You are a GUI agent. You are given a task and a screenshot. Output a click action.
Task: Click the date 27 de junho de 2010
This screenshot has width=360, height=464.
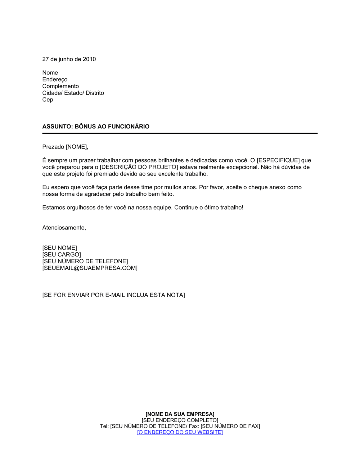(69, 59)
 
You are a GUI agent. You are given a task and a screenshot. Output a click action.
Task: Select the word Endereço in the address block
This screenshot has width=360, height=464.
(55, 79)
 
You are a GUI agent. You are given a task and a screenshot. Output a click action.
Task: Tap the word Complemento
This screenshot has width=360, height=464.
(60, 86)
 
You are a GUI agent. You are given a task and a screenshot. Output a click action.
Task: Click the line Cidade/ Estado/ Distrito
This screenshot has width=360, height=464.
(73, 93)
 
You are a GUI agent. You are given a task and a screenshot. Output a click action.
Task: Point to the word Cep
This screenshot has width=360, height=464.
(48, 100)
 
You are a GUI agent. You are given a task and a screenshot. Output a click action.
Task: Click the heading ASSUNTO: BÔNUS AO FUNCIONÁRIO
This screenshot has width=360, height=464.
(96, 127)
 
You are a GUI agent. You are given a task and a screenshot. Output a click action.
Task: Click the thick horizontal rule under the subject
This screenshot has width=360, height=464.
(180, 133)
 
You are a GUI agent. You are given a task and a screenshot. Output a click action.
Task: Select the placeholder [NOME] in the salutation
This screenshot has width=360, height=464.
(76, 147)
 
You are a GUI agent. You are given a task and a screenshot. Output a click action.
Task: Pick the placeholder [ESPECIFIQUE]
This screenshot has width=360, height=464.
(278, 160)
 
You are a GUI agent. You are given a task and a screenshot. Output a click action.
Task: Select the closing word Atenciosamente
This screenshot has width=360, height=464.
(64, 228)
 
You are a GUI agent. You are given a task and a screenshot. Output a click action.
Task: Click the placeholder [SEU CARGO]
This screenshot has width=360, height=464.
(62, 255)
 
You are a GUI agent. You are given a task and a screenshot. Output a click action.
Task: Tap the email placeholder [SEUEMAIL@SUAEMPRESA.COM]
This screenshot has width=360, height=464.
(90, 268)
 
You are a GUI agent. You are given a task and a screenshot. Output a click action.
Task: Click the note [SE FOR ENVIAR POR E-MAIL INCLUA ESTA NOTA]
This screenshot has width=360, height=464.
(113, 295)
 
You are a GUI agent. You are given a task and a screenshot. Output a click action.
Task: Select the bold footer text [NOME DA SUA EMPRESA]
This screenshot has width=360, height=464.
(180, 414)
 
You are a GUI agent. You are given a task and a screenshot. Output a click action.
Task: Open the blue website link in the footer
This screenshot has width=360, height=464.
(180, 432)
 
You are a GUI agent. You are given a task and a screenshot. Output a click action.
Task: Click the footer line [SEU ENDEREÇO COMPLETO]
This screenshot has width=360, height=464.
(180, 420)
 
